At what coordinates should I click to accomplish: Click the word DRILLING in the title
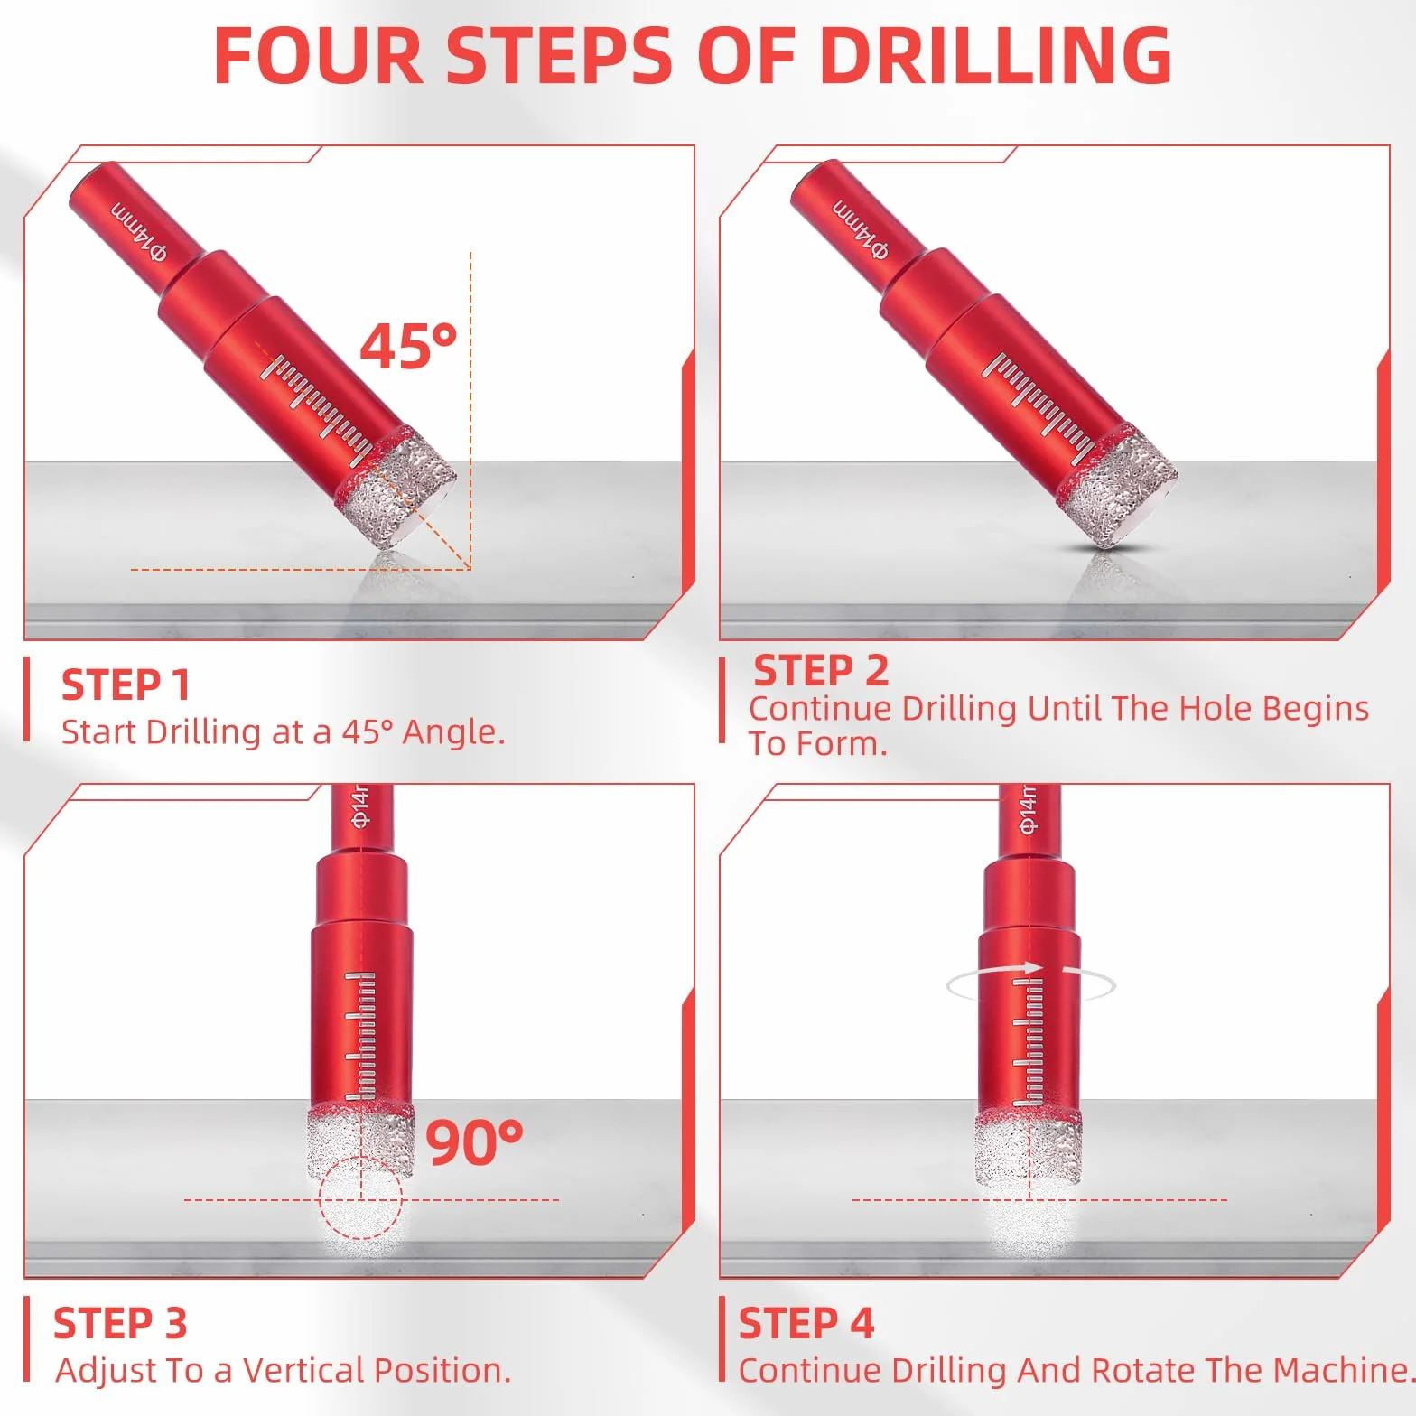pos(995,55)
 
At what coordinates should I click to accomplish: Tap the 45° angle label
pos(408,346)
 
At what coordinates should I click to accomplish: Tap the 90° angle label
pos(474,1141)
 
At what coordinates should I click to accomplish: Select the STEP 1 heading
pos(126,685)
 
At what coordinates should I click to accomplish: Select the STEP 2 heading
pos(821,671)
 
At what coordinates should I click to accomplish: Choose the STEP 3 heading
pos(120,1324)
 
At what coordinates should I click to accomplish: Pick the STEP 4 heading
pos(806,1324)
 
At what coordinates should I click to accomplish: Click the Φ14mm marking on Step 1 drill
pos(139,232)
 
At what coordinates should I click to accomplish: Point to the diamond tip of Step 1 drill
pos(396,489)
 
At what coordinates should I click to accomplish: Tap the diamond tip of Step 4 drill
pos(1029,1148)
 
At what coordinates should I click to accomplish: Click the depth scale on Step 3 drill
pos(360,1035)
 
